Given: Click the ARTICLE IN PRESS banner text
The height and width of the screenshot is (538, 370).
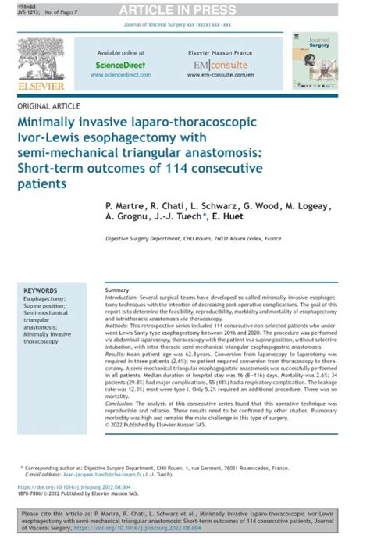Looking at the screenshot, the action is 185,10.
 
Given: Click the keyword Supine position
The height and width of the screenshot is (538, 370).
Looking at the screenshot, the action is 45,306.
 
